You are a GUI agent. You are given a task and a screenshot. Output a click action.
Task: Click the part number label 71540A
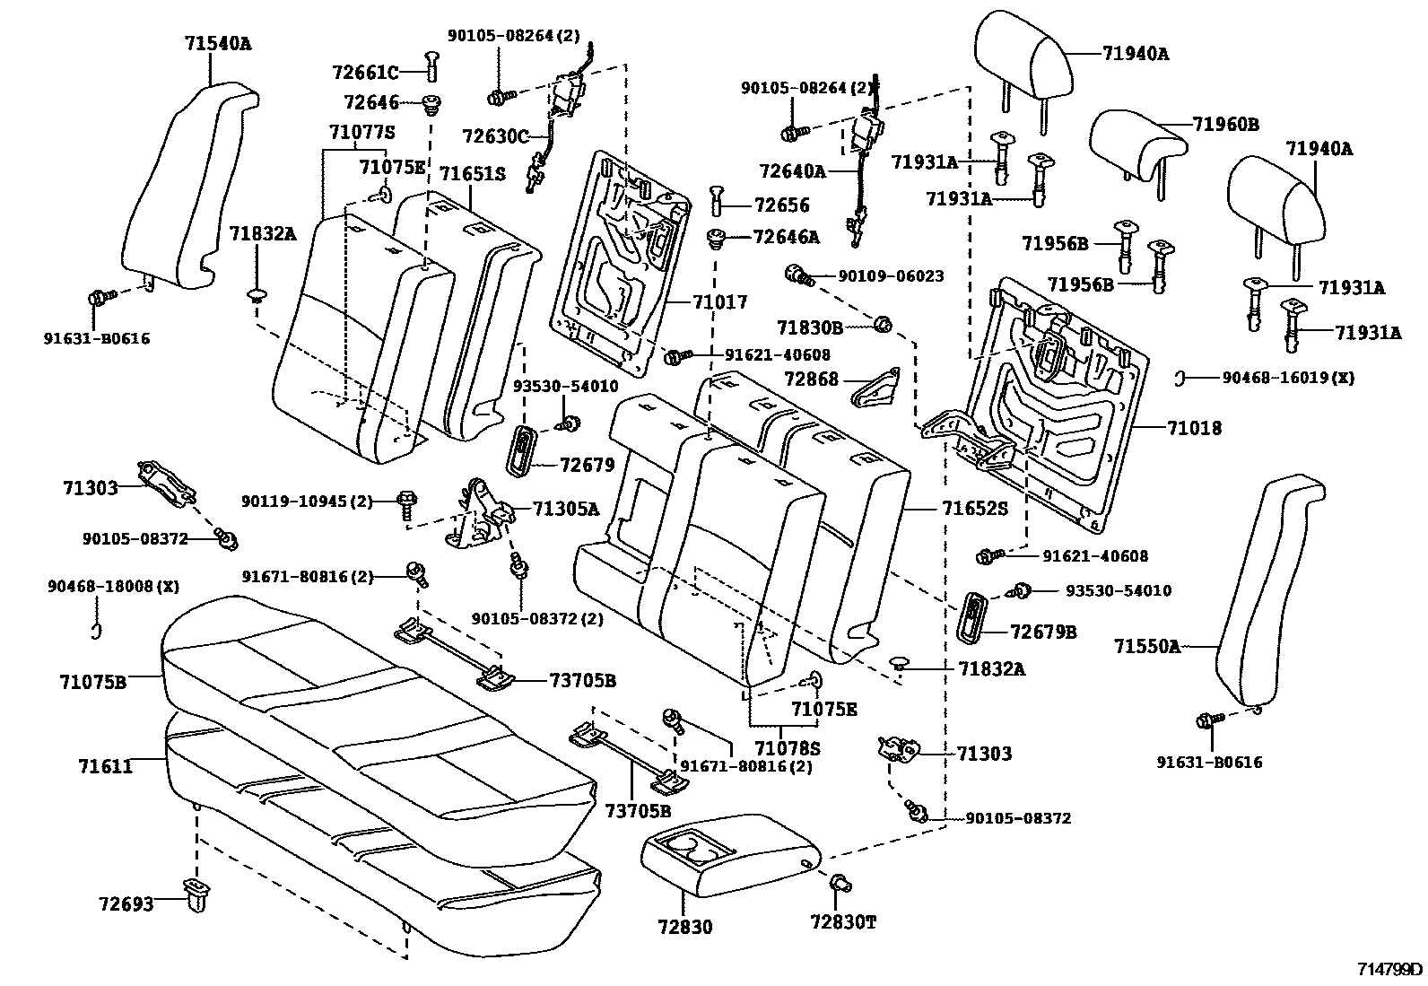coord(218,42)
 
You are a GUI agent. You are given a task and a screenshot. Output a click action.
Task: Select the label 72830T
coord(843,921)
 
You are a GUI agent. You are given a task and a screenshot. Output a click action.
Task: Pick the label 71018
coord(1194,429)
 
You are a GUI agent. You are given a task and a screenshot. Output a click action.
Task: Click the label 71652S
coord(974,509)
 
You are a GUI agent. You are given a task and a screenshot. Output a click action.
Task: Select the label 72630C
coord(495,136)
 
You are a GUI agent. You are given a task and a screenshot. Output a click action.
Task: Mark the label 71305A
coord(565,509)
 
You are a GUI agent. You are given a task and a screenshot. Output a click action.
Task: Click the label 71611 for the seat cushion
coord(105,766)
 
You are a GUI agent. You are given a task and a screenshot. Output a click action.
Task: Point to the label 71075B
coord(93,682)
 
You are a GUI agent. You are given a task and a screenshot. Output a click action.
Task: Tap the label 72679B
coord(1043,632)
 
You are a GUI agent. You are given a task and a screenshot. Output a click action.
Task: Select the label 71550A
coord(1147,646)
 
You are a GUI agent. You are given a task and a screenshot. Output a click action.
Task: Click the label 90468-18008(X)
coord(113,587)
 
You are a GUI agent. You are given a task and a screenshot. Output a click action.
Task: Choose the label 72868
coord(811,380)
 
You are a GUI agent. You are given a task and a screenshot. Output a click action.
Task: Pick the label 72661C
coord(364,72)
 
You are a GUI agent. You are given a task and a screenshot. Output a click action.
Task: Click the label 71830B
coord(810,327)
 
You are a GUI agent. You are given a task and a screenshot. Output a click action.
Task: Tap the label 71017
coord(719,302)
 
